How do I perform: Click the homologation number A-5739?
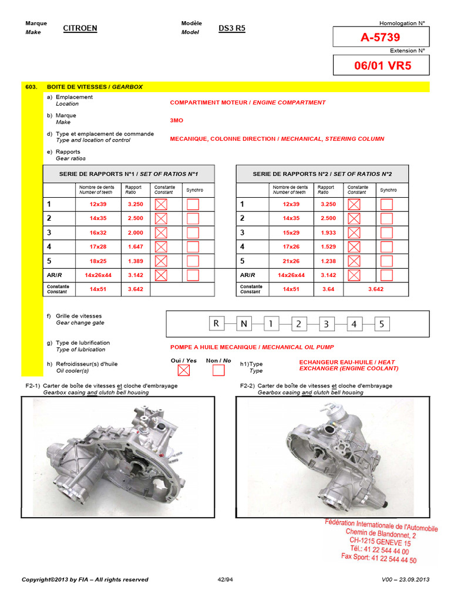pyautogui.click(x=381, y=38)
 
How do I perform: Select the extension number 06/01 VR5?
pyautogui.click(x=382, y=65)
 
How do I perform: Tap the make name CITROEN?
pyautogui.click(x=80, y=28)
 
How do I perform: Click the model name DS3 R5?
pyautogui.click(x=232, y=28)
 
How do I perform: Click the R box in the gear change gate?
pyautogui.click(x=216, y=323)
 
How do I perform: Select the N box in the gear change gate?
pyautogui.click(x=244, y=323)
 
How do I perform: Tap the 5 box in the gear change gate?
pyautogui.click(x=382, y=323)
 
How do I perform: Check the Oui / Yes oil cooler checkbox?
pyautogui.click(x=184, y=370)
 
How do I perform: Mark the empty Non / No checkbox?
pyautogui.click(x=218, y=370)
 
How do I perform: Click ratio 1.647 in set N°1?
pyautogui.click(x=136, y=247)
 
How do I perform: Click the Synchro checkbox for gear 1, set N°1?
pyautogui.click(x=193, y=204)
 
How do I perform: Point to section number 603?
pyautogui.click(x=31, y=87)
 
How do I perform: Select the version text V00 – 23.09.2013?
pyautogui.click(x=406, y=580)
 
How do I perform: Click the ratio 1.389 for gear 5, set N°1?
pyautogui.click(x=136, y=261)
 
